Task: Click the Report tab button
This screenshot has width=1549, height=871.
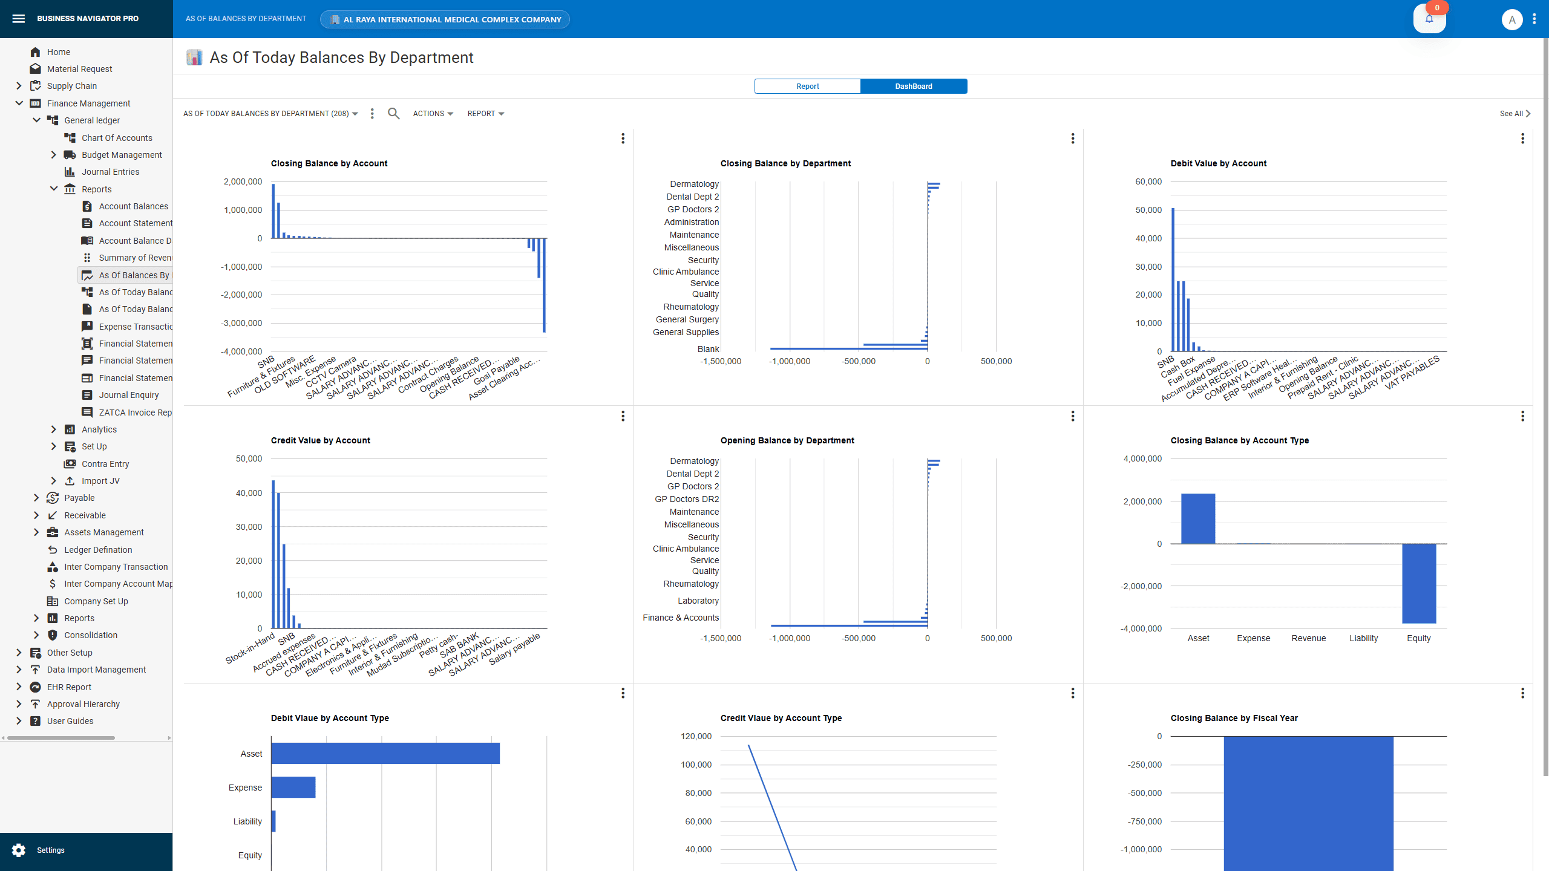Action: tap(807, 86)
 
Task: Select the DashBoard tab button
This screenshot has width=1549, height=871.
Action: tap(913, 86)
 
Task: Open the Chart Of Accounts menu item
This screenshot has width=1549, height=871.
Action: tap(117, 138)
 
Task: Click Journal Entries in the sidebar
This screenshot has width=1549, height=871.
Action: tap(110, 172)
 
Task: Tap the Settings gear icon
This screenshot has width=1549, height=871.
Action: tap(19, 850)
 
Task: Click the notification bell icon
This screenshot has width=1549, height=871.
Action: tap(1429, 19)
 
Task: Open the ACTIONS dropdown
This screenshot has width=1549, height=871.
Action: tap(433, 114)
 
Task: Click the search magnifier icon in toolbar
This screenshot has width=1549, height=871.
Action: tap(393, 114)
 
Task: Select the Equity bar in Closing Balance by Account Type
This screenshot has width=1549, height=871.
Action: tap(1419, 583)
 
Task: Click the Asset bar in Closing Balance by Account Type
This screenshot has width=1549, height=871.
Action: tap(1197, 519)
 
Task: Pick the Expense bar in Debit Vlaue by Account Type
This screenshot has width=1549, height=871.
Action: tap(293, 788)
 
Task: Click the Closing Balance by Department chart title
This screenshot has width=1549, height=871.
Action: tap(785, 163)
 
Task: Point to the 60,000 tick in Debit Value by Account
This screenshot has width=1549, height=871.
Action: tap(1148, 181)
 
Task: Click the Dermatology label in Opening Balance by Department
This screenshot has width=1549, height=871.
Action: tap(694, 461)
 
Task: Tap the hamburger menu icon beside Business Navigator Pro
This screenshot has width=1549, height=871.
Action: tap(19, 19)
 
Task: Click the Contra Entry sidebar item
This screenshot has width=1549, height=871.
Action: tap(105, 464)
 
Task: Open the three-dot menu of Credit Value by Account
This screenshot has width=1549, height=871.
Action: tap(623, 416)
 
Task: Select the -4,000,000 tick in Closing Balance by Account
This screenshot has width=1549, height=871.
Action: tap(241, 351)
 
